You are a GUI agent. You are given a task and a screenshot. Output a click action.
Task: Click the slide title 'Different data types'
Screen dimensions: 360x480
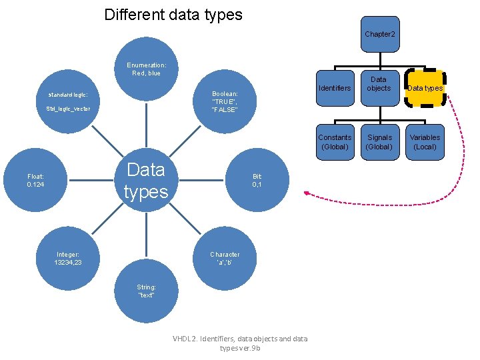[173, 15]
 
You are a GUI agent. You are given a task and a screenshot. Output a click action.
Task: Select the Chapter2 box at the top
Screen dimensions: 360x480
[380, 34]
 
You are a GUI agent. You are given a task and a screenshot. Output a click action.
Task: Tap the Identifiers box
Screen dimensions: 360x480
[335, 88]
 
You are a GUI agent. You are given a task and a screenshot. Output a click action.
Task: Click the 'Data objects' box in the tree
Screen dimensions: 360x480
[379, 85]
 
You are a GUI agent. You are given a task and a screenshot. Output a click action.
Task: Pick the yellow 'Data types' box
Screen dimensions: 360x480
[425, 88]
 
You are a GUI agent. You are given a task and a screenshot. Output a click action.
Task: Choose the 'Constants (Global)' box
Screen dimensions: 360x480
[335, 142]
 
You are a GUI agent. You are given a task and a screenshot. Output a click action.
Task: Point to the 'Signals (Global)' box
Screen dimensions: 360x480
[379, 142]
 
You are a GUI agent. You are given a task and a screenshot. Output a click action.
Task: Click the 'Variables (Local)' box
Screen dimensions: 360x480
[425, 142]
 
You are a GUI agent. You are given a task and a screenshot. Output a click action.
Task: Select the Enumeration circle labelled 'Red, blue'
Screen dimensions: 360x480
[147, 69]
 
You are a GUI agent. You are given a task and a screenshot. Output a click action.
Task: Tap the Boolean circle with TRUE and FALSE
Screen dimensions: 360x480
[224, 102]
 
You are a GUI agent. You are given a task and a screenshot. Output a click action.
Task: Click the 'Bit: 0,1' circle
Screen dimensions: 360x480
[257, 180]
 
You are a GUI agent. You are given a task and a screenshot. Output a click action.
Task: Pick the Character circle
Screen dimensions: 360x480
[224, 258]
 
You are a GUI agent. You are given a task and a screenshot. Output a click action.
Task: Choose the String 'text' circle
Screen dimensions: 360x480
[146, 291]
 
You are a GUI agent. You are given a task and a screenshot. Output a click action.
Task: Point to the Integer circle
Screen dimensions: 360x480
[68, 258]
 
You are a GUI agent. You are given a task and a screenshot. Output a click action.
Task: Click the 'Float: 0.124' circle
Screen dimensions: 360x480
[35, 180]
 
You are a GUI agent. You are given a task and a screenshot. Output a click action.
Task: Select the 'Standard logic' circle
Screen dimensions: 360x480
[68, 101]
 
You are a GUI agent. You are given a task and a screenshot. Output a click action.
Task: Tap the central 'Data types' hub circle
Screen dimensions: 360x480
[146, 180]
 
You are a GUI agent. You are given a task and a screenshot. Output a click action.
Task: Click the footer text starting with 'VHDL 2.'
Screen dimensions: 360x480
[240, 343]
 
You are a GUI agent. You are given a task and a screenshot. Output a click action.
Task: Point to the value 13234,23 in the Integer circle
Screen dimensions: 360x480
[68, 263]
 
